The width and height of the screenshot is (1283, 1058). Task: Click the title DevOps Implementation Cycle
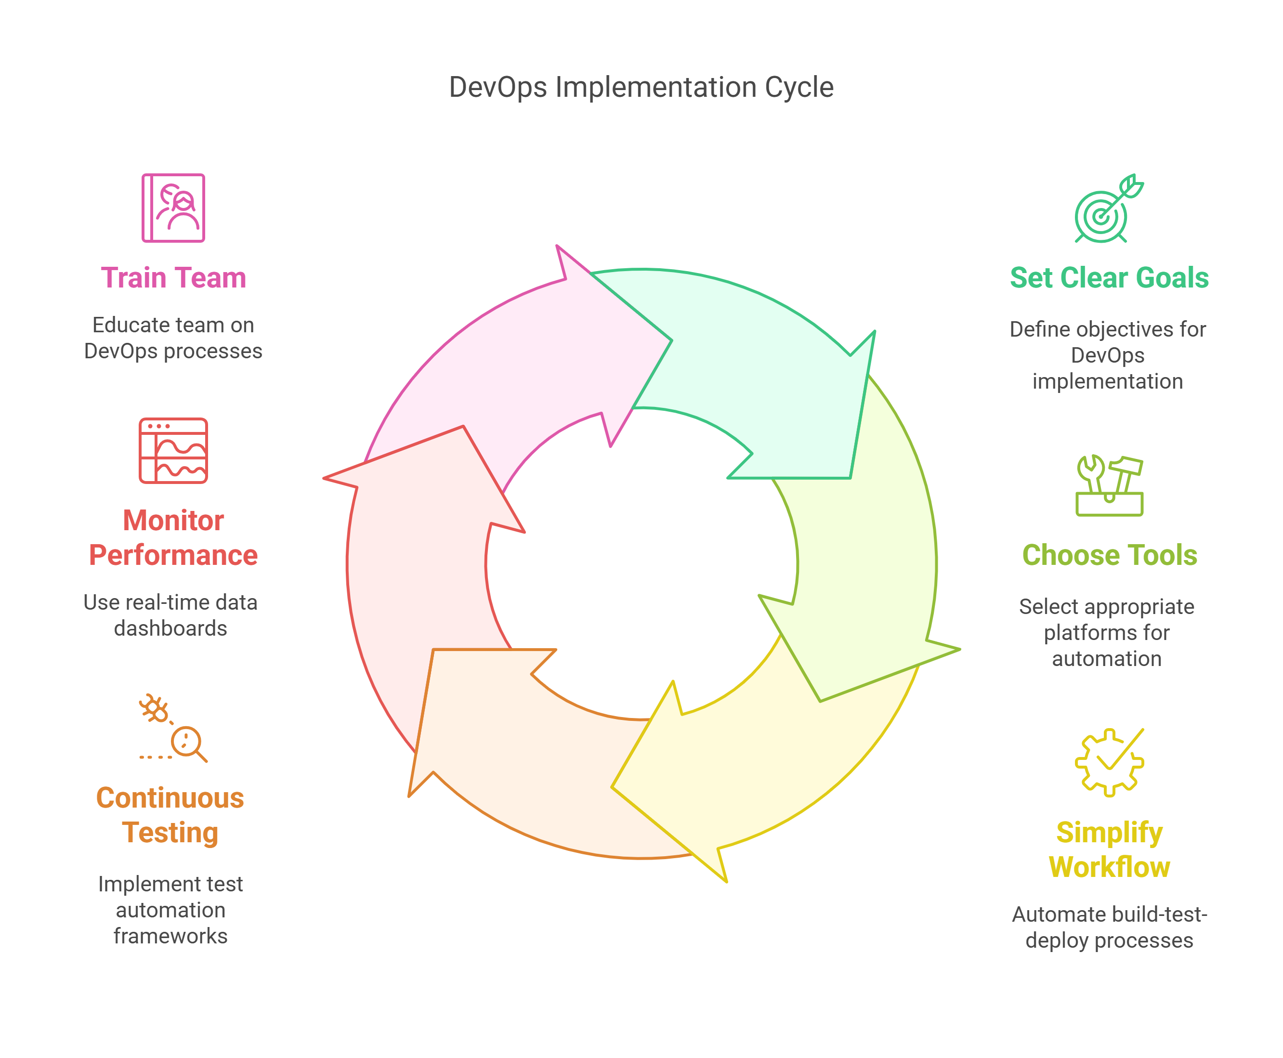[641, 87]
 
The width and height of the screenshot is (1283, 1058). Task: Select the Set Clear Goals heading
[1109, 278]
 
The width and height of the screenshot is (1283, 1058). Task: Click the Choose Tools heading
[1109, 555]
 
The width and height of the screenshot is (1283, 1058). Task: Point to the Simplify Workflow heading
[1109, 849]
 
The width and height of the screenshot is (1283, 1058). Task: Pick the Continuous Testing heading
[170, 815]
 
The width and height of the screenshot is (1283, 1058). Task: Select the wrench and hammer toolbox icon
[1109, 486]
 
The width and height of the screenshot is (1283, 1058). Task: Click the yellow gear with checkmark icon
[1109, 762]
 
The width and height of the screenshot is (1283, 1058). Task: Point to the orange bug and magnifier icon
[173, 728]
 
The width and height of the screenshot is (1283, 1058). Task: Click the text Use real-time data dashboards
[170, 615]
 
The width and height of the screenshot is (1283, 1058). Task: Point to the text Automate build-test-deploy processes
[1109, 927]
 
